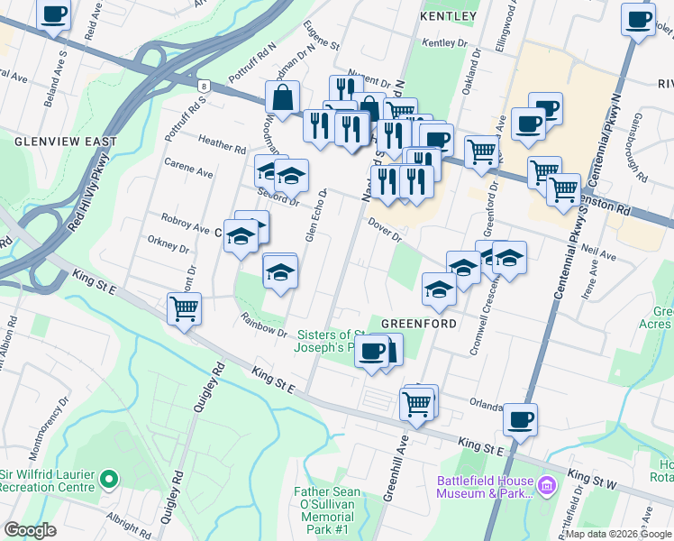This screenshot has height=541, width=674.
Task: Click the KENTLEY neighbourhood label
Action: pos(448,16)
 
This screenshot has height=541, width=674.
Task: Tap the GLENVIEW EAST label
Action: pos(66,142)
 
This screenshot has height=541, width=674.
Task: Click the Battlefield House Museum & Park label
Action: pos(485,487)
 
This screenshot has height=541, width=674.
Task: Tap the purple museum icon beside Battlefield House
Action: pos(545,487)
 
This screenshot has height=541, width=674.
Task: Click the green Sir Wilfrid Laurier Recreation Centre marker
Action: pos(109,479)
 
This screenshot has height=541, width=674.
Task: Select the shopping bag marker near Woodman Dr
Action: pos(283,98)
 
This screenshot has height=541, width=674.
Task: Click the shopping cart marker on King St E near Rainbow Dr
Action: pos(184,308)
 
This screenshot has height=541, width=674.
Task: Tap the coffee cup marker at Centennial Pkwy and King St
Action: pos(520,418)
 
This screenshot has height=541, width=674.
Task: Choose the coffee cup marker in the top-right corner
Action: pos(638,19)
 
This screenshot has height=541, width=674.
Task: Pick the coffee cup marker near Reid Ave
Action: pos(54,14)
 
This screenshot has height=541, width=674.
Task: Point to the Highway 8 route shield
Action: pos(205,87)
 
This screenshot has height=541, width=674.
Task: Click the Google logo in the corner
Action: pos(30,530)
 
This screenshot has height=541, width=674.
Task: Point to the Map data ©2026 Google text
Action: pos(618,534)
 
